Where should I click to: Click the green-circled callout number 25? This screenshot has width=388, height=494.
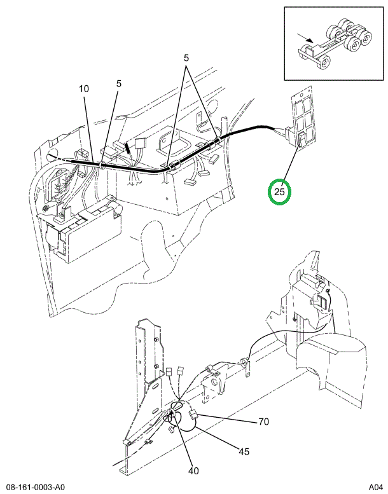[x=279, y=191]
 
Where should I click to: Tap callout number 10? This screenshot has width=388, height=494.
[x=84, y=89]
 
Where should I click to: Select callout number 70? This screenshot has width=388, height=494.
[x=263, y=422]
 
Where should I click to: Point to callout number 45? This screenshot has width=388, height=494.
[x=244, y=452]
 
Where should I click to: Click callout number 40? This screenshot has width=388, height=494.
[x=193, y=471]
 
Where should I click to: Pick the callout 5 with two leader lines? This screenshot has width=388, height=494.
[x=186, y=58]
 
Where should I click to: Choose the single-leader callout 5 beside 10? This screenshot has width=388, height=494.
[x=119, y=84]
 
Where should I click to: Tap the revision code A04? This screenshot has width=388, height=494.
[x=376, y=487]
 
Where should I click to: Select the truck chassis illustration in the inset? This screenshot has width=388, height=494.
[x=335, y=43]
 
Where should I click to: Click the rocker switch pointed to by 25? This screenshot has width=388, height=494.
[x=302, y=140]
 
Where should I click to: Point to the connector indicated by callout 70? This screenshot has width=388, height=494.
[x=193, y=415]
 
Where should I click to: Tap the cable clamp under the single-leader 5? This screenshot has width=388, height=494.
[x=102, y=165]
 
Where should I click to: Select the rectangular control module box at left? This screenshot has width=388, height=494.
[x=92, y=233]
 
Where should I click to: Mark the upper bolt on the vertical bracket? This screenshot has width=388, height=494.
[x=156, y=340]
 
